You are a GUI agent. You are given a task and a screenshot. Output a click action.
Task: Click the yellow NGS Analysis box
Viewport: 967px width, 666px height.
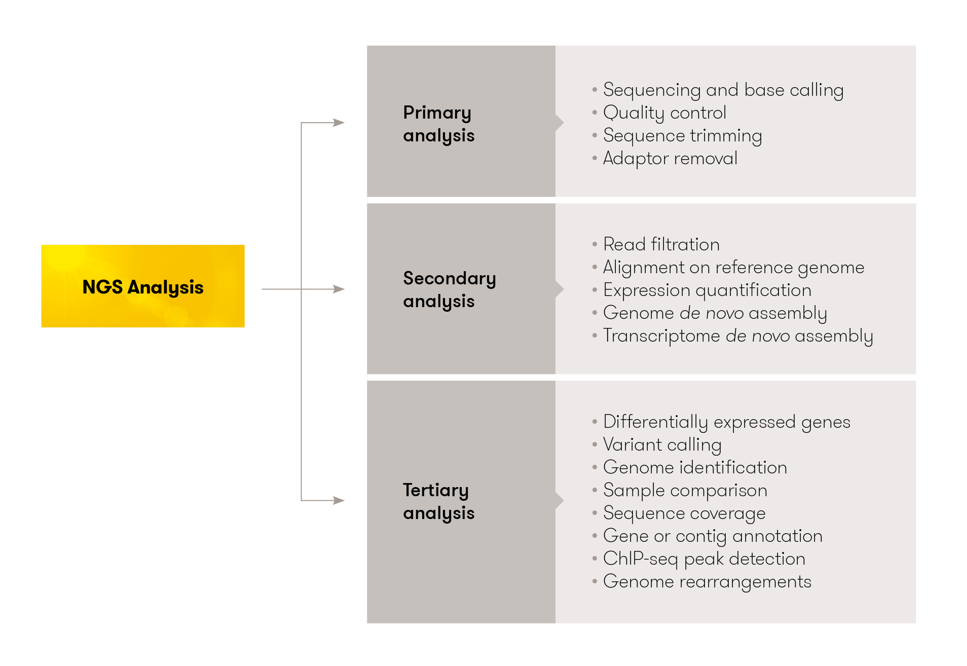click(x=142, y=286)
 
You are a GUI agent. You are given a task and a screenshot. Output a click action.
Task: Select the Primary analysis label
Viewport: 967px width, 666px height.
click(x=438, y=124)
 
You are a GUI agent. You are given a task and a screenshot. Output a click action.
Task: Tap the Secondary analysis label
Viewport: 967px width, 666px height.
click(x=449, y=289)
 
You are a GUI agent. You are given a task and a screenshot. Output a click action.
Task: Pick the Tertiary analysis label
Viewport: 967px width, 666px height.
click(x=438, y=501)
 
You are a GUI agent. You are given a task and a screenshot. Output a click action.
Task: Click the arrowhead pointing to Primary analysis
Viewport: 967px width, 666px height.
click(x=339, y=123)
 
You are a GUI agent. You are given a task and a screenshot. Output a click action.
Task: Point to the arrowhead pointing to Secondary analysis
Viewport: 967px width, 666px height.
click(x=339, y=289)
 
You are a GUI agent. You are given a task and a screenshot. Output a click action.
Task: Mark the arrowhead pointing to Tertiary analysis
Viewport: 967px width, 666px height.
click(x=339, y=500)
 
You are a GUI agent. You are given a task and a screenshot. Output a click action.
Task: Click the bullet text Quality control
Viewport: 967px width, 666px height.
click(x=664, y=113)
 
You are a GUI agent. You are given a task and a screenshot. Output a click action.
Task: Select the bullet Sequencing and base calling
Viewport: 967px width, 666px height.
click(x=723, y=90)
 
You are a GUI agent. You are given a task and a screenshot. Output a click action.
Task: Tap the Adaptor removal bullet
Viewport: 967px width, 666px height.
click(x=670, y=158)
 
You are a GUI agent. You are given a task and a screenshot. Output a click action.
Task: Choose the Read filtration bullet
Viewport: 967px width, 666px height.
click(x=661, y=244)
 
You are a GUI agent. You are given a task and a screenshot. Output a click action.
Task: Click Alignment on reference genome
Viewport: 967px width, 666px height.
click(x=733, y=267)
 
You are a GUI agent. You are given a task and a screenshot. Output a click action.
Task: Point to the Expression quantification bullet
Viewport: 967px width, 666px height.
click(x=707, y=290)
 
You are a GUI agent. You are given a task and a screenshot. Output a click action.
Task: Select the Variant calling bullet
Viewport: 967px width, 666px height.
click(x=662, y=445)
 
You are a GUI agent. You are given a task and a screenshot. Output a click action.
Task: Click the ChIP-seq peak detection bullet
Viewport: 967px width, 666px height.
click(x=704, y=559)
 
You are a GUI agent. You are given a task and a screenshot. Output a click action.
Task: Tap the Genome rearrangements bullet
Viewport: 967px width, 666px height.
click(x=707, y=581)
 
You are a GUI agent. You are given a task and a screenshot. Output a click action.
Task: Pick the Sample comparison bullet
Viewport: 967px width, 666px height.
click(x=685, y=490)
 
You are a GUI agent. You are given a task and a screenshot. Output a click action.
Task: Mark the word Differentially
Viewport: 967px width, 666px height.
click(x=655, y=422)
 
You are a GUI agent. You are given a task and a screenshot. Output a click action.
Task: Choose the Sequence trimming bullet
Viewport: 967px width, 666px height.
click(x=682, y=135)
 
